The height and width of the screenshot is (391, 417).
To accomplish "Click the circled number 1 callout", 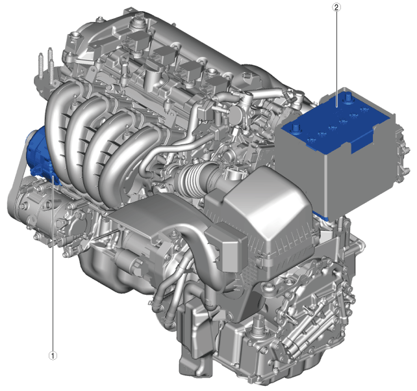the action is point(53,355).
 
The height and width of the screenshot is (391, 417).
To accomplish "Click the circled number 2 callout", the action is point(336,7).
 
